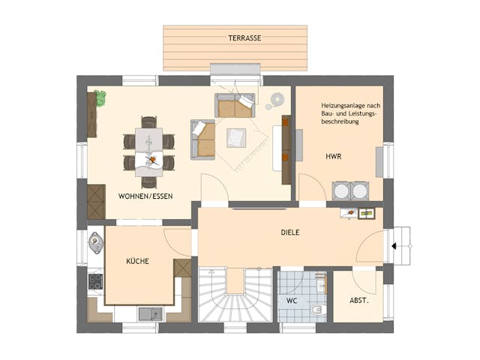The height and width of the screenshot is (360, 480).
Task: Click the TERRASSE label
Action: click(244, 37)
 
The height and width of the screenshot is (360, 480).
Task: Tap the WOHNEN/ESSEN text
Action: click(145, 196)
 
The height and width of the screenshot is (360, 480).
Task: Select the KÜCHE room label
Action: click(137, 262)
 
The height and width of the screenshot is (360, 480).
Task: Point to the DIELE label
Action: click(290, 233)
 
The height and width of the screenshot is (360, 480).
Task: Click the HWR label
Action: click(333, 157)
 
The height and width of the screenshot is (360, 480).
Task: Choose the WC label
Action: click(292, 300)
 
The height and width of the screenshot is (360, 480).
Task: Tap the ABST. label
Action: click(358, 301)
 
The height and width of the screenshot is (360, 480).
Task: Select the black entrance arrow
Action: click(393, 244)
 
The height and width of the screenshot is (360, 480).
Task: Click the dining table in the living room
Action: click(148, 151)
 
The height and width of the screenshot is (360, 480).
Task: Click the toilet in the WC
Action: click(318, 308)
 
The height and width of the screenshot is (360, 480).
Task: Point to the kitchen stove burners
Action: click(96, 281)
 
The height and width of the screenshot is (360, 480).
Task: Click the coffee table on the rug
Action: click(237, 137)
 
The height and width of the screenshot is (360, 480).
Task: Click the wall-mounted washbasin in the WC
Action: click(321, 283)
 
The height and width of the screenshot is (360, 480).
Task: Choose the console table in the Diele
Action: click(357, 213)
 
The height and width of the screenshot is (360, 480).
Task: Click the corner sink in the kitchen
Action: click(96, 241)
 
